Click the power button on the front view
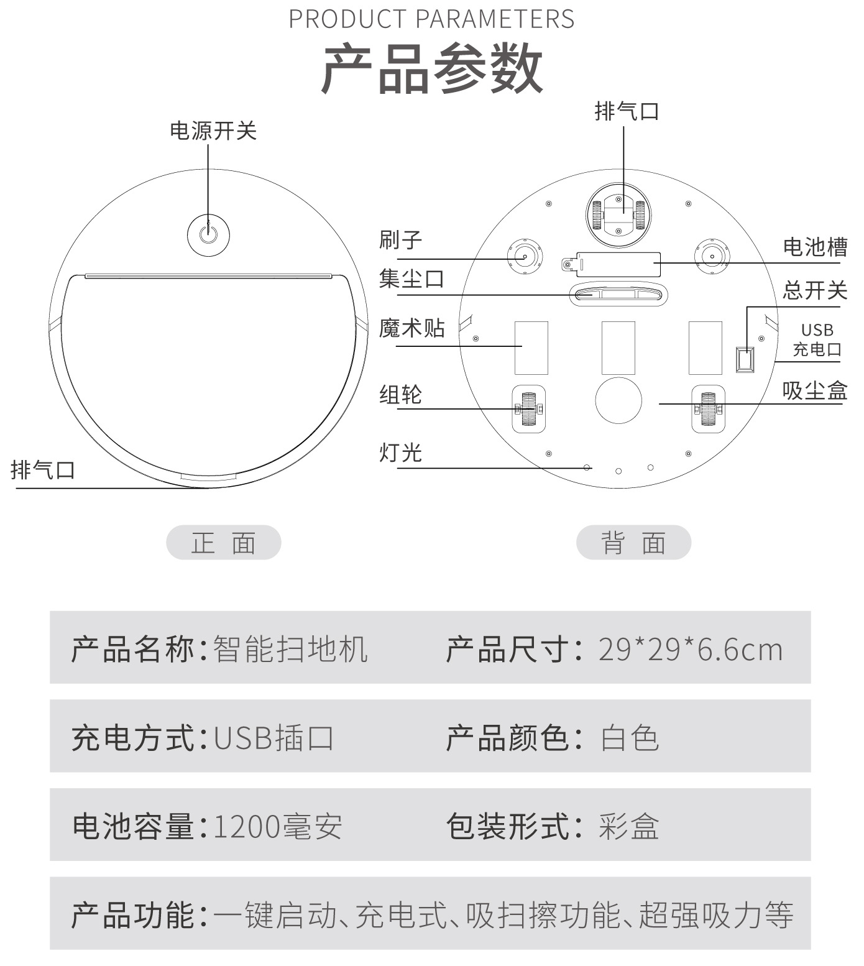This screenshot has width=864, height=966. click(208, 236)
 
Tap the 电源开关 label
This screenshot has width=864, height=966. click(213, 131)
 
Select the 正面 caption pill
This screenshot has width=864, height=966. click(224, 543)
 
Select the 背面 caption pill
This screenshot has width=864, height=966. click(633, 543)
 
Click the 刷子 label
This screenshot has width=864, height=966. click(401, 240)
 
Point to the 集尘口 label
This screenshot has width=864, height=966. click(411, 278)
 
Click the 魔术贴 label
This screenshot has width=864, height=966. click(412, 328)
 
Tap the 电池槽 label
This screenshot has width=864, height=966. click(815, 247)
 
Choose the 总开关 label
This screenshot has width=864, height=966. click(815, 290)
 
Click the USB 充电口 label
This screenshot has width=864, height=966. click(817, 339)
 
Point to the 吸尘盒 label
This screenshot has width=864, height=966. click(815, 391)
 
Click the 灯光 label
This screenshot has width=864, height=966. click(401, 453)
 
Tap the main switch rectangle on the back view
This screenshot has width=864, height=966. click(745, 359)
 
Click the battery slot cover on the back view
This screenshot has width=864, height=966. click(619, 264)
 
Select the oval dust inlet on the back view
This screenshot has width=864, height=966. click(618, 293)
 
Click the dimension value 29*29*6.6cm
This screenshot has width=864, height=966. click(690, 650)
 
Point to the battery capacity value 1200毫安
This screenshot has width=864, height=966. click(277, 827)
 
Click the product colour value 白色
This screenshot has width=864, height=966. click(629, 738)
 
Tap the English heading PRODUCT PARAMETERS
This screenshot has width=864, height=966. click(431, 19)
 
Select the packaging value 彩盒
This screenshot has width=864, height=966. click(629, 827)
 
